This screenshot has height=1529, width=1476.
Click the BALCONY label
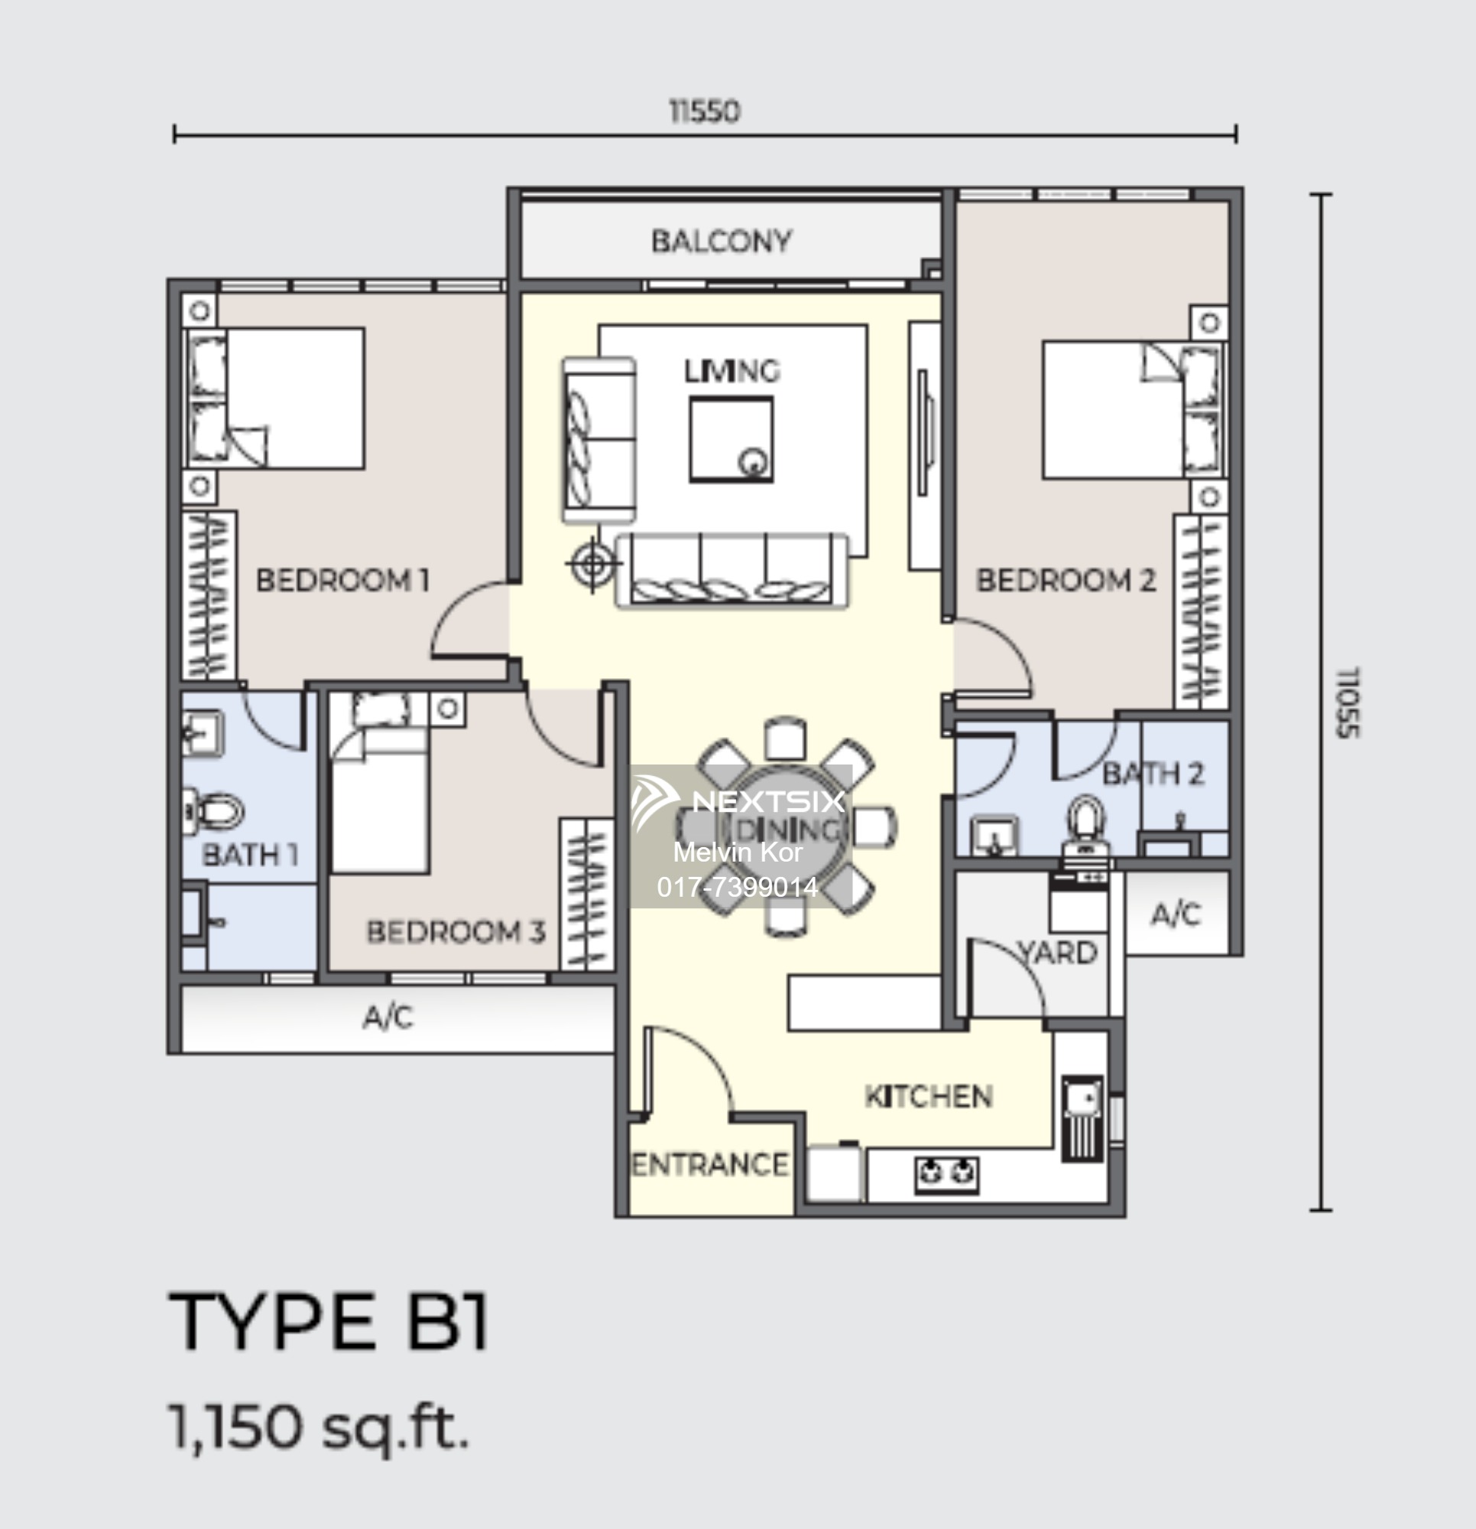click(x=722, y=241)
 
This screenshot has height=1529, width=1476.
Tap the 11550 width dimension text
click(x=705, y=112)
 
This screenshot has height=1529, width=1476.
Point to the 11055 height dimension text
click(x=1348, y=702)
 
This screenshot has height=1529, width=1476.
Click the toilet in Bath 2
click(x=1085, y=824)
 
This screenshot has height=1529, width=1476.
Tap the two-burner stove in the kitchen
click(x=946, y=1173)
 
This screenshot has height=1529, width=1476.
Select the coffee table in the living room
click(x=731, y=439)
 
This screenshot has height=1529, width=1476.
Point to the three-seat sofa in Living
click(x=732, y=570)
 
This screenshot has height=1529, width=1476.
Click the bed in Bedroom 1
click(x=289, y=398)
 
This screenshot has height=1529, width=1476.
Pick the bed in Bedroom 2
click(x=1124, y=409)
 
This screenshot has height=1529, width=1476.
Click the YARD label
click(x=1059, y=953)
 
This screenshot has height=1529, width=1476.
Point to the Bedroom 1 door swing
click(x=468, y=620)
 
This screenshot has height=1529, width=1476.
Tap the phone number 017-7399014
click(x=737, y=887)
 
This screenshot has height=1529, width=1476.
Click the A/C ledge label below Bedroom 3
click(x=388, y=1018)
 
